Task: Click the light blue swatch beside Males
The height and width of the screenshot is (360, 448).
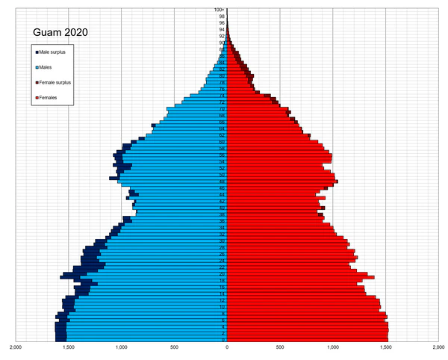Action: [x=37, y=67]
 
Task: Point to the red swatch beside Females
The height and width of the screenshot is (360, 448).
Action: [x=37, y=98]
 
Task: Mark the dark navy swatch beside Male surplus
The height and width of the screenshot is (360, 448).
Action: [x=37, y=52]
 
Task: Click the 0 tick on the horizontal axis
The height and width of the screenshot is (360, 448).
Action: [x=227, y=347]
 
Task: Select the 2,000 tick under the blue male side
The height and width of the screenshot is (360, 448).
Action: [x=16, y=347]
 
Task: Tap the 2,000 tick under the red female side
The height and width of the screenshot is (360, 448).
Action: [x=438, y=347]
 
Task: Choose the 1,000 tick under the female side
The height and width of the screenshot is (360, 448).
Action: [x=332, y=347]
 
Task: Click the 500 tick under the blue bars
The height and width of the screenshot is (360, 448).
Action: [x=174, y=347]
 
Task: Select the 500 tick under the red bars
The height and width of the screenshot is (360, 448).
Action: [x=279, y=347]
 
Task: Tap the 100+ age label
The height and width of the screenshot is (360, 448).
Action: [x=220, y=10]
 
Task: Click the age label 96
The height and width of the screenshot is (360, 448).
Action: [x=222, y=23]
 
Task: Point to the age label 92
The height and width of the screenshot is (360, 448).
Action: [x=222, y=36]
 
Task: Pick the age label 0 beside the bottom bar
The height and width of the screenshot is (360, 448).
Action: [x=223, y=340]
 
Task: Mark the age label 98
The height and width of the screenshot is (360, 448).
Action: [x=222, y=16]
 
